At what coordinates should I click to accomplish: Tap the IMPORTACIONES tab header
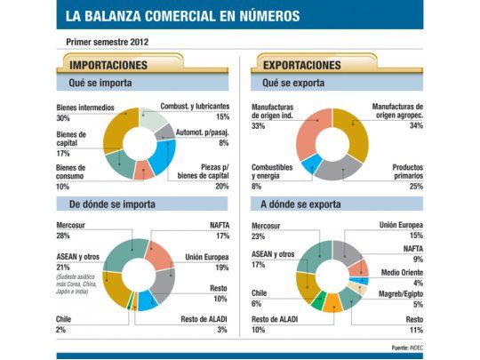coord(109,65)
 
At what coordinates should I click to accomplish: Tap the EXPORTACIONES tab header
coord(302,65)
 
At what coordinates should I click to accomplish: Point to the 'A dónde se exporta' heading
coord(304,204)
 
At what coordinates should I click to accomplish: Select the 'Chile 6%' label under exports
coord(263,298)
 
